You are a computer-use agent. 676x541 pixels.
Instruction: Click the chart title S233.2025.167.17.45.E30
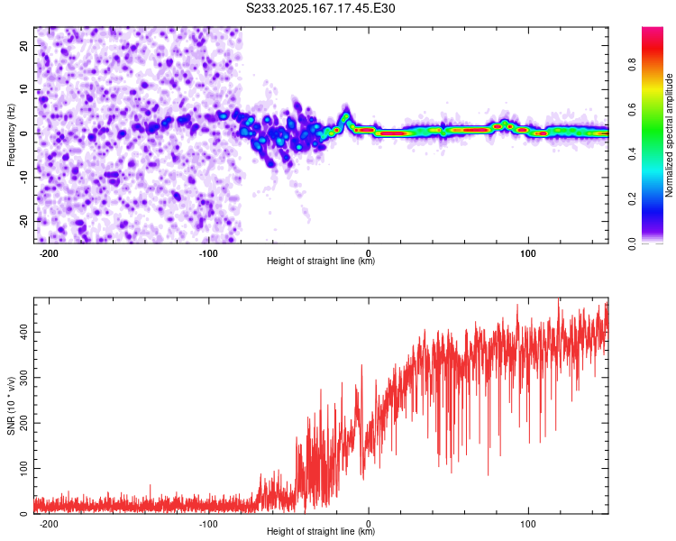pos(320,8)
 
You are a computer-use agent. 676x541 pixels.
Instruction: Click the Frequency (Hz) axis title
pos(11,135)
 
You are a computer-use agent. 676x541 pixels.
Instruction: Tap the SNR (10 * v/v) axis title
pos(11,406)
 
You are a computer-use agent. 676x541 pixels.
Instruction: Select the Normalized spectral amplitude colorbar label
pos(669,135)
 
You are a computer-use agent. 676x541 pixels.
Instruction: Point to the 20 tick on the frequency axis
pos(23,46)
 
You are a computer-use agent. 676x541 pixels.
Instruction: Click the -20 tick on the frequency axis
pos(23,221)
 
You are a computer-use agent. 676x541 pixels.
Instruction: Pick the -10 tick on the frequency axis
pos(23,178)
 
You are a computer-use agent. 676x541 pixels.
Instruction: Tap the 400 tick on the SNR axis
pos(23,332)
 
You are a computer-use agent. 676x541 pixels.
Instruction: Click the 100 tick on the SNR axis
pos(23,469)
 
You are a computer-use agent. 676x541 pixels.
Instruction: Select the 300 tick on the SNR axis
pos(23,378)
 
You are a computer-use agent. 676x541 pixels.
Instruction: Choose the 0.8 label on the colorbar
pos(632,65)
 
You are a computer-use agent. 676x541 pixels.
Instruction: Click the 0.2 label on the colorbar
pos(632,199)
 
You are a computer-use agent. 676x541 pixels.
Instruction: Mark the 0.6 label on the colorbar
pos(632,110)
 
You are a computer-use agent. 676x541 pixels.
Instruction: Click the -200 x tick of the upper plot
pos(49,253)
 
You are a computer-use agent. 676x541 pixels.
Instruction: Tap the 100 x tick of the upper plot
pos(528,253)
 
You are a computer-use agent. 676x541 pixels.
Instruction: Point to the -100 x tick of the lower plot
pos(208,524)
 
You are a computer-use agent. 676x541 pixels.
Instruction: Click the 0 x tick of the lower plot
pos(369,524)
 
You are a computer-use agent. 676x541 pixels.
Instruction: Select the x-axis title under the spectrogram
pos(321,261)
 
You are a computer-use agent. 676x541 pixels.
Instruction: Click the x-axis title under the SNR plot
pos(321,531)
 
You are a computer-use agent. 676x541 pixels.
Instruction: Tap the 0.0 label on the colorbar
pos(632,243)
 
